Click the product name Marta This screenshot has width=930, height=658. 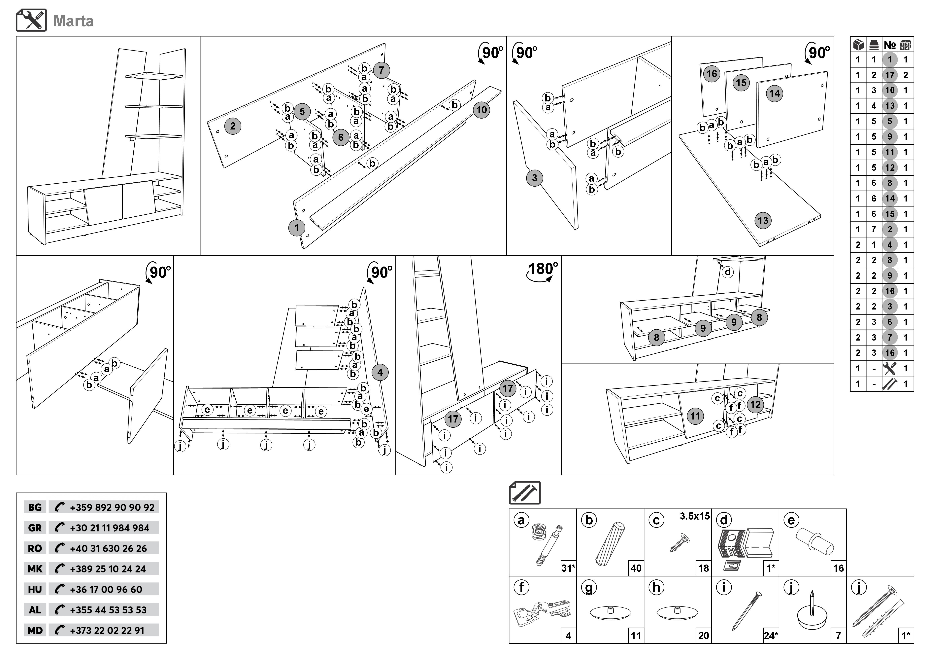73,21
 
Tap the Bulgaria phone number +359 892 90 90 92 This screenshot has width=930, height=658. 112,507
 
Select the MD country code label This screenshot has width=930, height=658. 35,630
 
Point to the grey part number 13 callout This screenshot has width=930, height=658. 763,220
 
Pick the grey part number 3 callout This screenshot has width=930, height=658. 534,178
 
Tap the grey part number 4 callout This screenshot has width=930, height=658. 380,372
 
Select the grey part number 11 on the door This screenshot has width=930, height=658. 695,416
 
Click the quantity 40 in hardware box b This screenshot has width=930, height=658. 636,568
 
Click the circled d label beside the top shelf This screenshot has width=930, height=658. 728,272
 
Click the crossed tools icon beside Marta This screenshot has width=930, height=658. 31,20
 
